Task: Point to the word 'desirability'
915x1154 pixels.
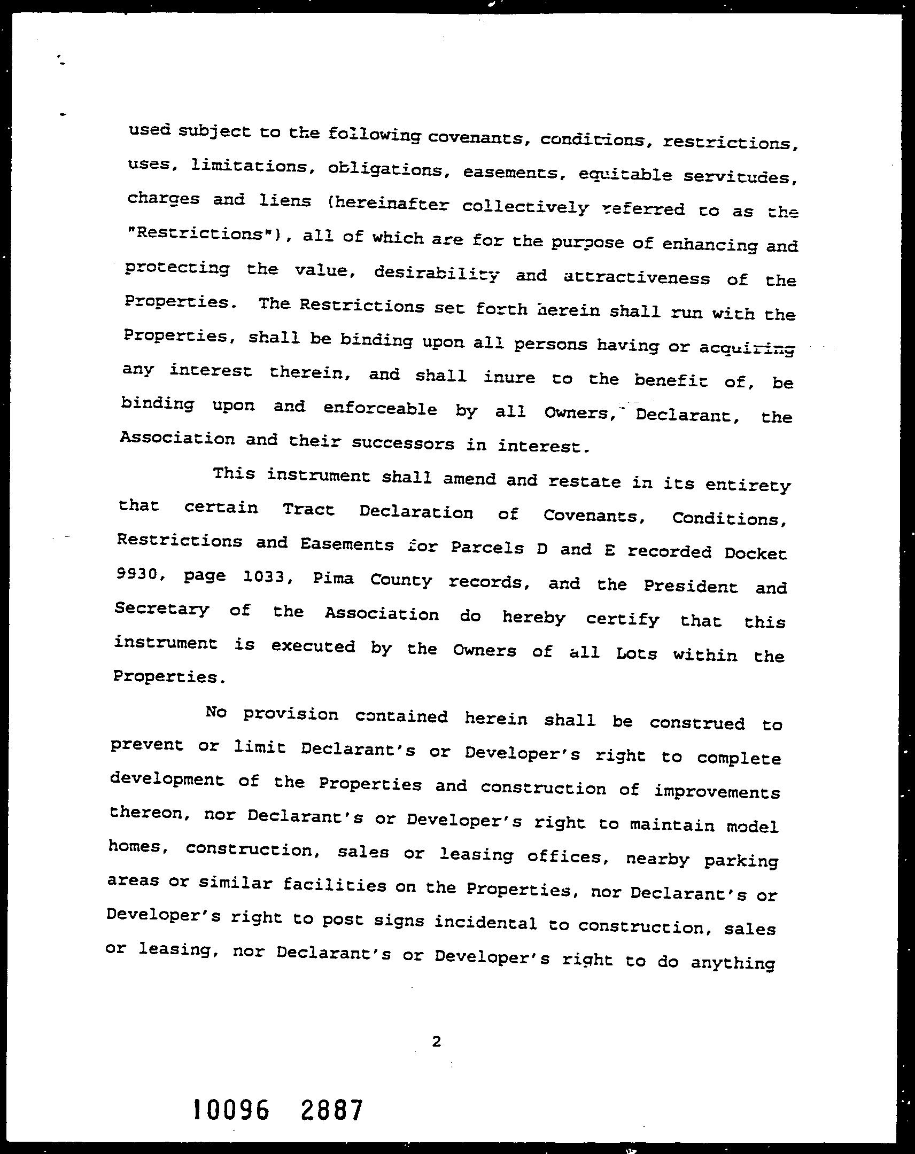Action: (436, 274)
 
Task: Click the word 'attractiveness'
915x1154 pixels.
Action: (637, 278)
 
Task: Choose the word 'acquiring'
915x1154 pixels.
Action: (747, 348)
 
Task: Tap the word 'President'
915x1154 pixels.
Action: (690, 586)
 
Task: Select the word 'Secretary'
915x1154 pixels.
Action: (162, 609)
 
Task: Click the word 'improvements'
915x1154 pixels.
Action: (717, 792)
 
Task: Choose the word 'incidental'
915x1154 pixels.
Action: (485, 923)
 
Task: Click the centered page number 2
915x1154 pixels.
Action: (436, 1041)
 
